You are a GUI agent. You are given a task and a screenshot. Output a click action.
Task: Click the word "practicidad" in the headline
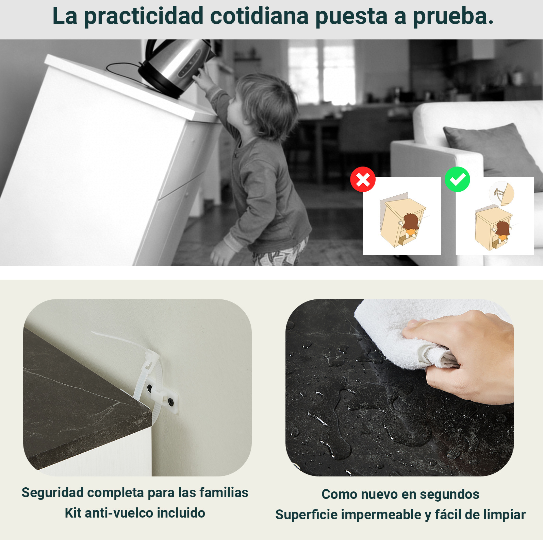(x=144, y=16)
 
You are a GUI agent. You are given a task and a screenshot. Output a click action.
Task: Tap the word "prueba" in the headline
(x=449, y=16)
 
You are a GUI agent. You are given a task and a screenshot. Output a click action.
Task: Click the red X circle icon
(x=363, y=179)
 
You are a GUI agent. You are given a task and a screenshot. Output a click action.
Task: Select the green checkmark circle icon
(x=457, y=179)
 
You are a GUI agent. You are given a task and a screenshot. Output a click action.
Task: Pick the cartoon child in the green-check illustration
(x=502, y=231)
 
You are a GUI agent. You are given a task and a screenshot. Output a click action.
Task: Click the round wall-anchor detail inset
(x=501, y=193)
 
